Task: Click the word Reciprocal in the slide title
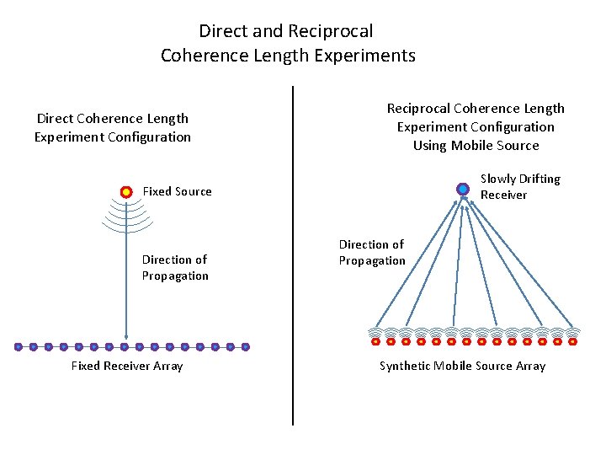(x=330, y=31)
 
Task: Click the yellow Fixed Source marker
(x=126, y=191)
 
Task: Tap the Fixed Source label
(x=177, y=191)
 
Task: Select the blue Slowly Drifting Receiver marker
(x=462, y=189)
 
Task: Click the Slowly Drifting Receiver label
(x=519, y=186)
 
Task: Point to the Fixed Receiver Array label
(x=126, y=366)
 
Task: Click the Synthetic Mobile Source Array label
(x=462, y=366)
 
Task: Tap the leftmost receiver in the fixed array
(x=19, y=346)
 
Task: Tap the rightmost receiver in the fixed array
(x=246, y=346)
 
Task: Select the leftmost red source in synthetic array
(x=375, y=342)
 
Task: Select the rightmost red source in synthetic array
(x=572, y=342)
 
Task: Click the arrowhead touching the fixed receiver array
(x=126, y=338)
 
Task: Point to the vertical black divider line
(x=293, y=253)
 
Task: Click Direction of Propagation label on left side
(x=175, y=267)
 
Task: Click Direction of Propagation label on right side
(x=372, y=252)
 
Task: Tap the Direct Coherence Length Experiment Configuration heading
(x=113, y=127)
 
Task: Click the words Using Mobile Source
(x=476, y=145)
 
